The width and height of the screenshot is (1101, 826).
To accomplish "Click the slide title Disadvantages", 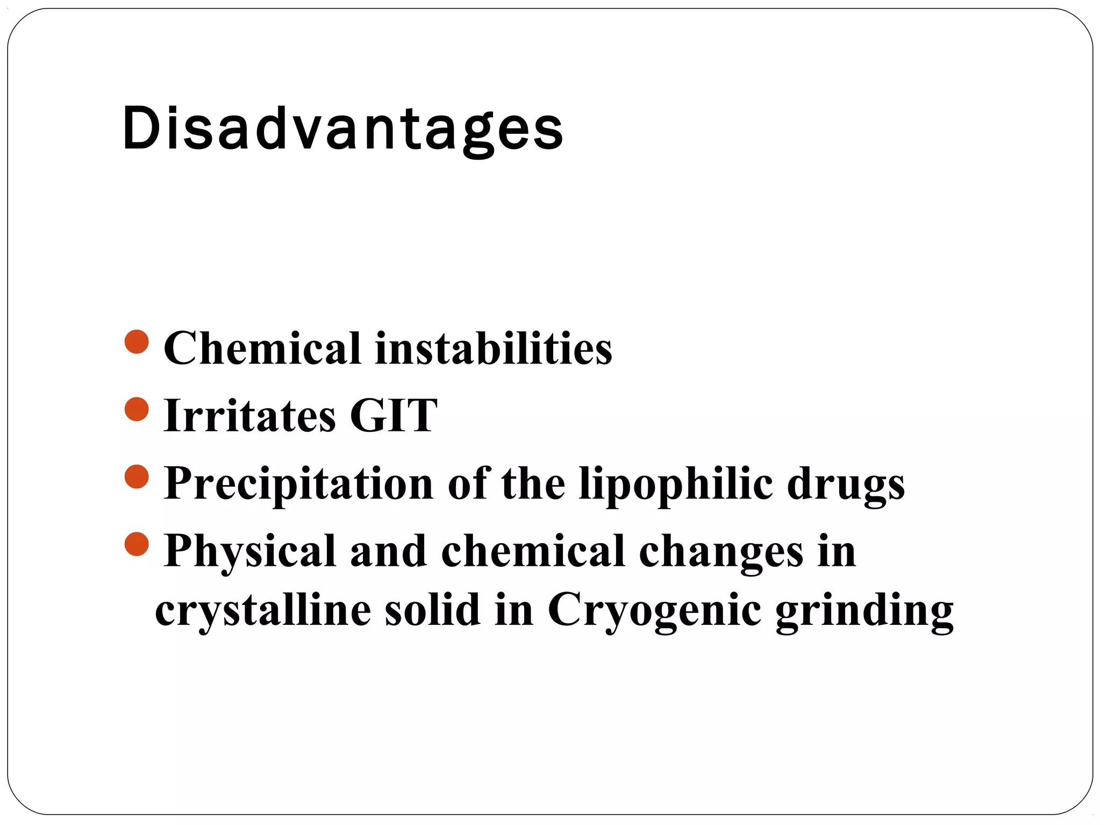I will tap(342, 129).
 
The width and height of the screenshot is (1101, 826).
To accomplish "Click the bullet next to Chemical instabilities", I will tap(137, 342).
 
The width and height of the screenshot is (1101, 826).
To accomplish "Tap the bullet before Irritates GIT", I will tap(137, 409).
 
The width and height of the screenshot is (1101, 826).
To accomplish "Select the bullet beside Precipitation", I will tap(137, 477).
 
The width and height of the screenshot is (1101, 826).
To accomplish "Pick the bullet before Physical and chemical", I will tap(137, 544).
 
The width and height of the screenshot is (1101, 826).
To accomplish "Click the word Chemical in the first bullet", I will tap(262, 348).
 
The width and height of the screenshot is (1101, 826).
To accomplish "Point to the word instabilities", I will tap(494, 348).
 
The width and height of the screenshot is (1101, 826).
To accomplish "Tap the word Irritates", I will tap(249, 416).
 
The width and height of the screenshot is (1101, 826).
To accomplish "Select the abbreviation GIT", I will tap(394, 416).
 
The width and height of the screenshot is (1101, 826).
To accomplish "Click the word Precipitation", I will tap(298, 483).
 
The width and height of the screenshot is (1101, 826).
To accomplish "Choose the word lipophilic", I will tap(676, 483).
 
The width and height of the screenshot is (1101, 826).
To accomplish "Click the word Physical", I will tap(250, 552).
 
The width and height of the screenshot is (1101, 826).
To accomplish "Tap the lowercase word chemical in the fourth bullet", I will tap(533, 552).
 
